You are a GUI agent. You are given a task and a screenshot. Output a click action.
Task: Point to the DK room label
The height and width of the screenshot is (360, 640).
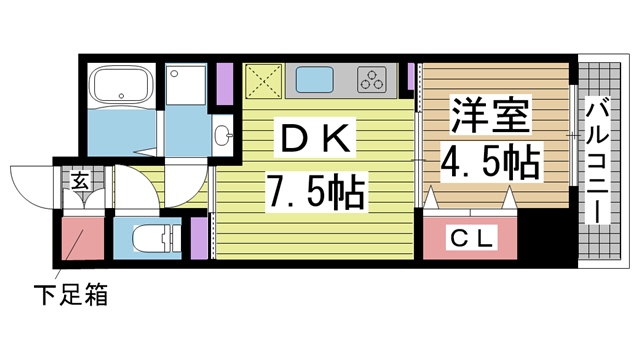[314, 141]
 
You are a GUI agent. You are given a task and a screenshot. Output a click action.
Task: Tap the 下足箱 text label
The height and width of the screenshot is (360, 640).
[70, 295]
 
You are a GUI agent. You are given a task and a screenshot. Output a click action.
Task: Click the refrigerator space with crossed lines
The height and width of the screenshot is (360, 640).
[258, 80]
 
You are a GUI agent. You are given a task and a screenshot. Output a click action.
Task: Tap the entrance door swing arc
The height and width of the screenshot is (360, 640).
[30, 185]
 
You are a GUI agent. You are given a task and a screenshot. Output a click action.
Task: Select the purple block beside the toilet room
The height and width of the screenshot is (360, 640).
[197, 238]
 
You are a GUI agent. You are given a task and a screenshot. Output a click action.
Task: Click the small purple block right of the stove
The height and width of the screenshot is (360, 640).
[411, 76]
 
